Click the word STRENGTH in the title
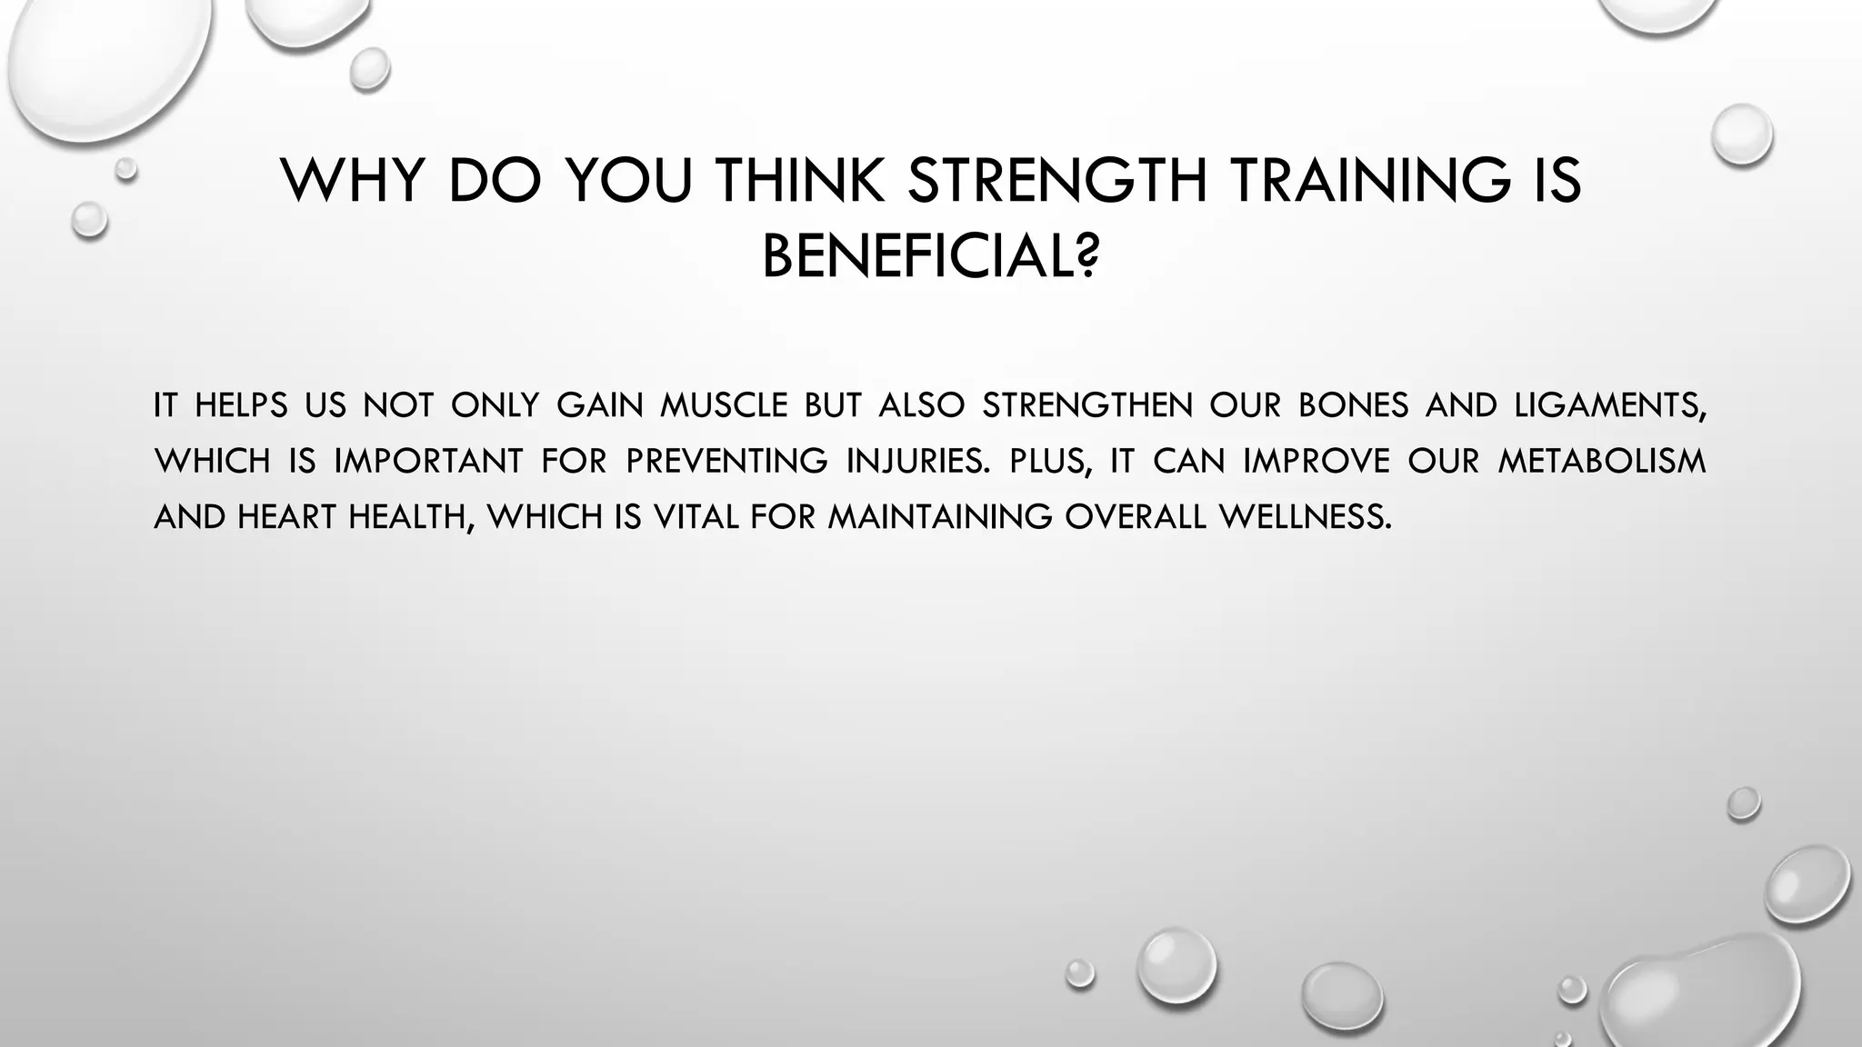pyautogui.click(x=1056, y=180)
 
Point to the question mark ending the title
pyautogui.click(x=1086, y=257)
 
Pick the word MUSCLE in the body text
pyautogui.click(x=723, y=405)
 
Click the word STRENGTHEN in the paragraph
pyautogui.click(x=1086, y=405)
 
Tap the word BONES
pyautogui.click(x=1353, y=405)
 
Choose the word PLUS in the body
pyautogui.click(x=1048, y=462)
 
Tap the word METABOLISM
pyautogui.click(x=1601, y=462)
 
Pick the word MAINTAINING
pyautogui.click(x=939, y=517)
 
